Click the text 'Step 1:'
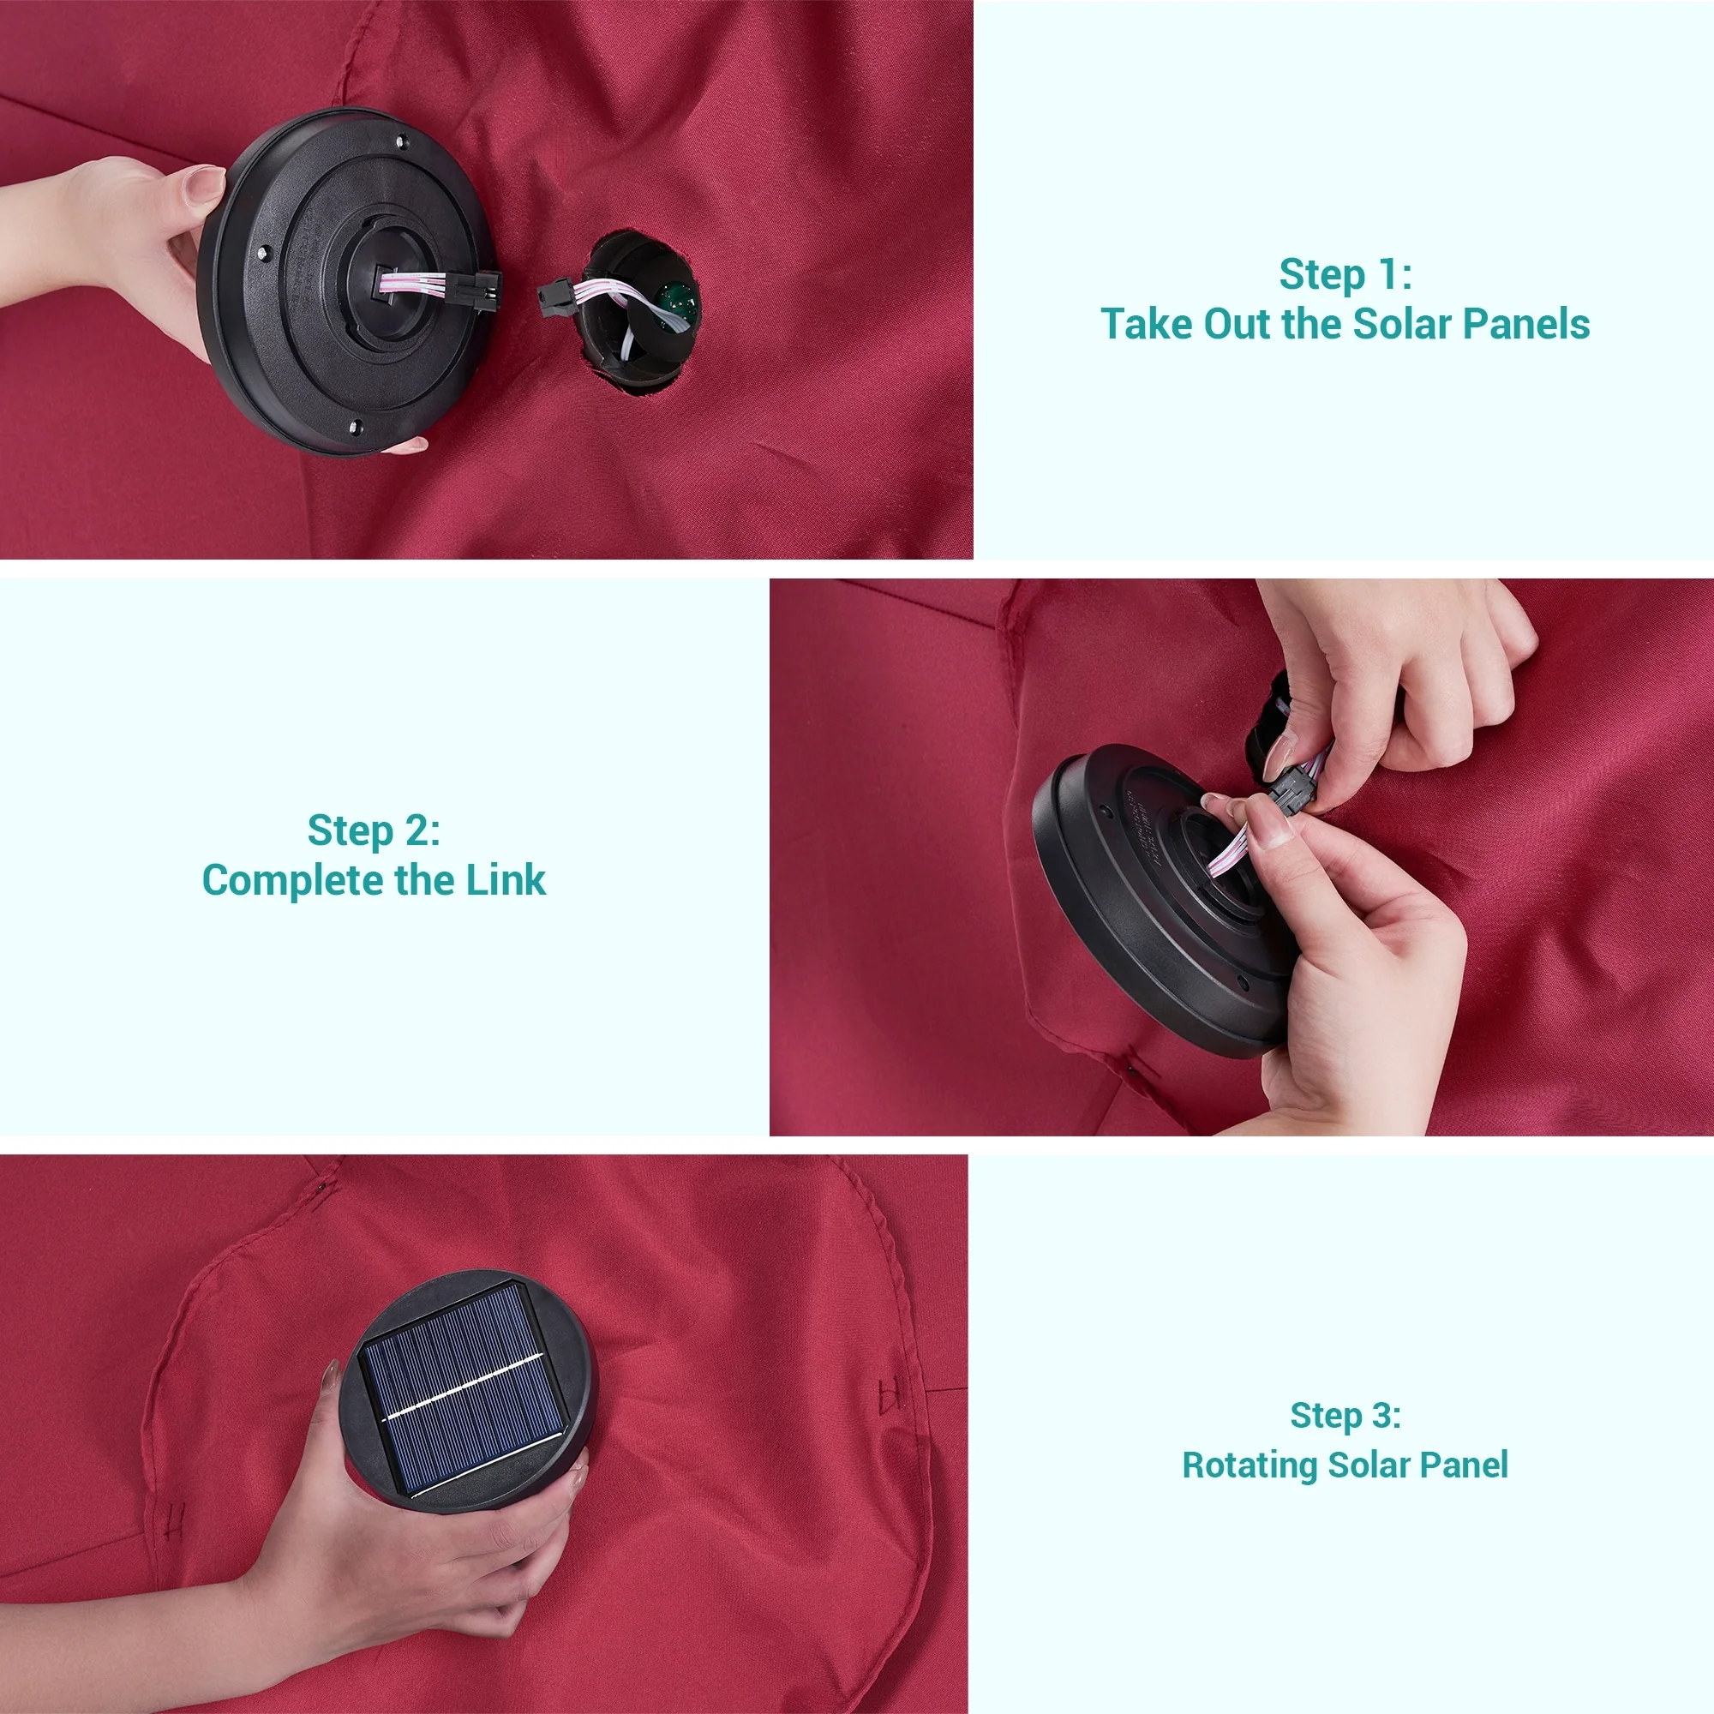pyautogui.click(x=1345, y=274)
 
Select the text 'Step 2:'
pyautogui.click(x=374, y=830)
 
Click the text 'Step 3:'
pyautogui.click(x=1345, y=1415)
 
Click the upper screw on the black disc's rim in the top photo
pyautogui.click(x=402, y=141)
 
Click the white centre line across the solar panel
pyautogui.click(x=462, y=1387)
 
